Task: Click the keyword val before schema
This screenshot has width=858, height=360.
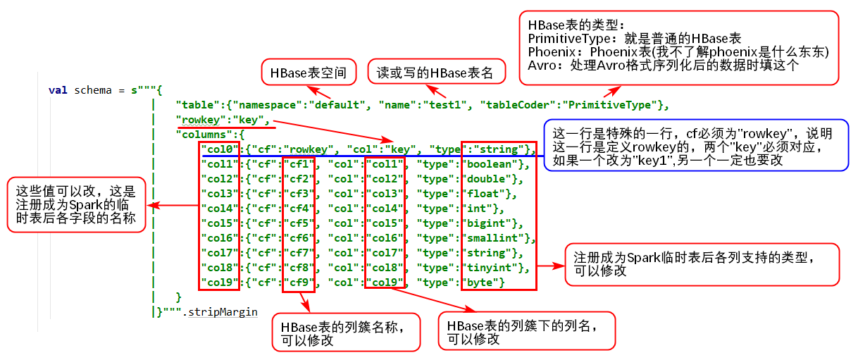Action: point(58,90)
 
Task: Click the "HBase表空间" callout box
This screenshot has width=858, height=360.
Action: point(309,73)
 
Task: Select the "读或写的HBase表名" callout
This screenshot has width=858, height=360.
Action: point(434,73)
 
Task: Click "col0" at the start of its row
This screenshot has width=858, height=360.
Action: point(218,149)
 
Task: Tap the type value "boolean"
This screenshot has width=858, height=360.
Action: point(490,164)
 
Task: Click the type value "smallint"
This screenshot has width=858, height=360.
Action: point(492,238)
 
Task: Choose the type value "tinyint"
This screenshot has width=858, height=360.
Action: point(490,268)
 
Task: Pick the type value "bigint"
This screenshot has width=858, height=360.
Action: point(486,223)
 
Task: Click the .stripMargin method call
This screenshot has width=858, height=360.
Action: point(221,312)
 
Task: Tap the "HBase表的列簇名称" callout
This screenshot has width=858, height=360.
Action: point(346,333)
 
